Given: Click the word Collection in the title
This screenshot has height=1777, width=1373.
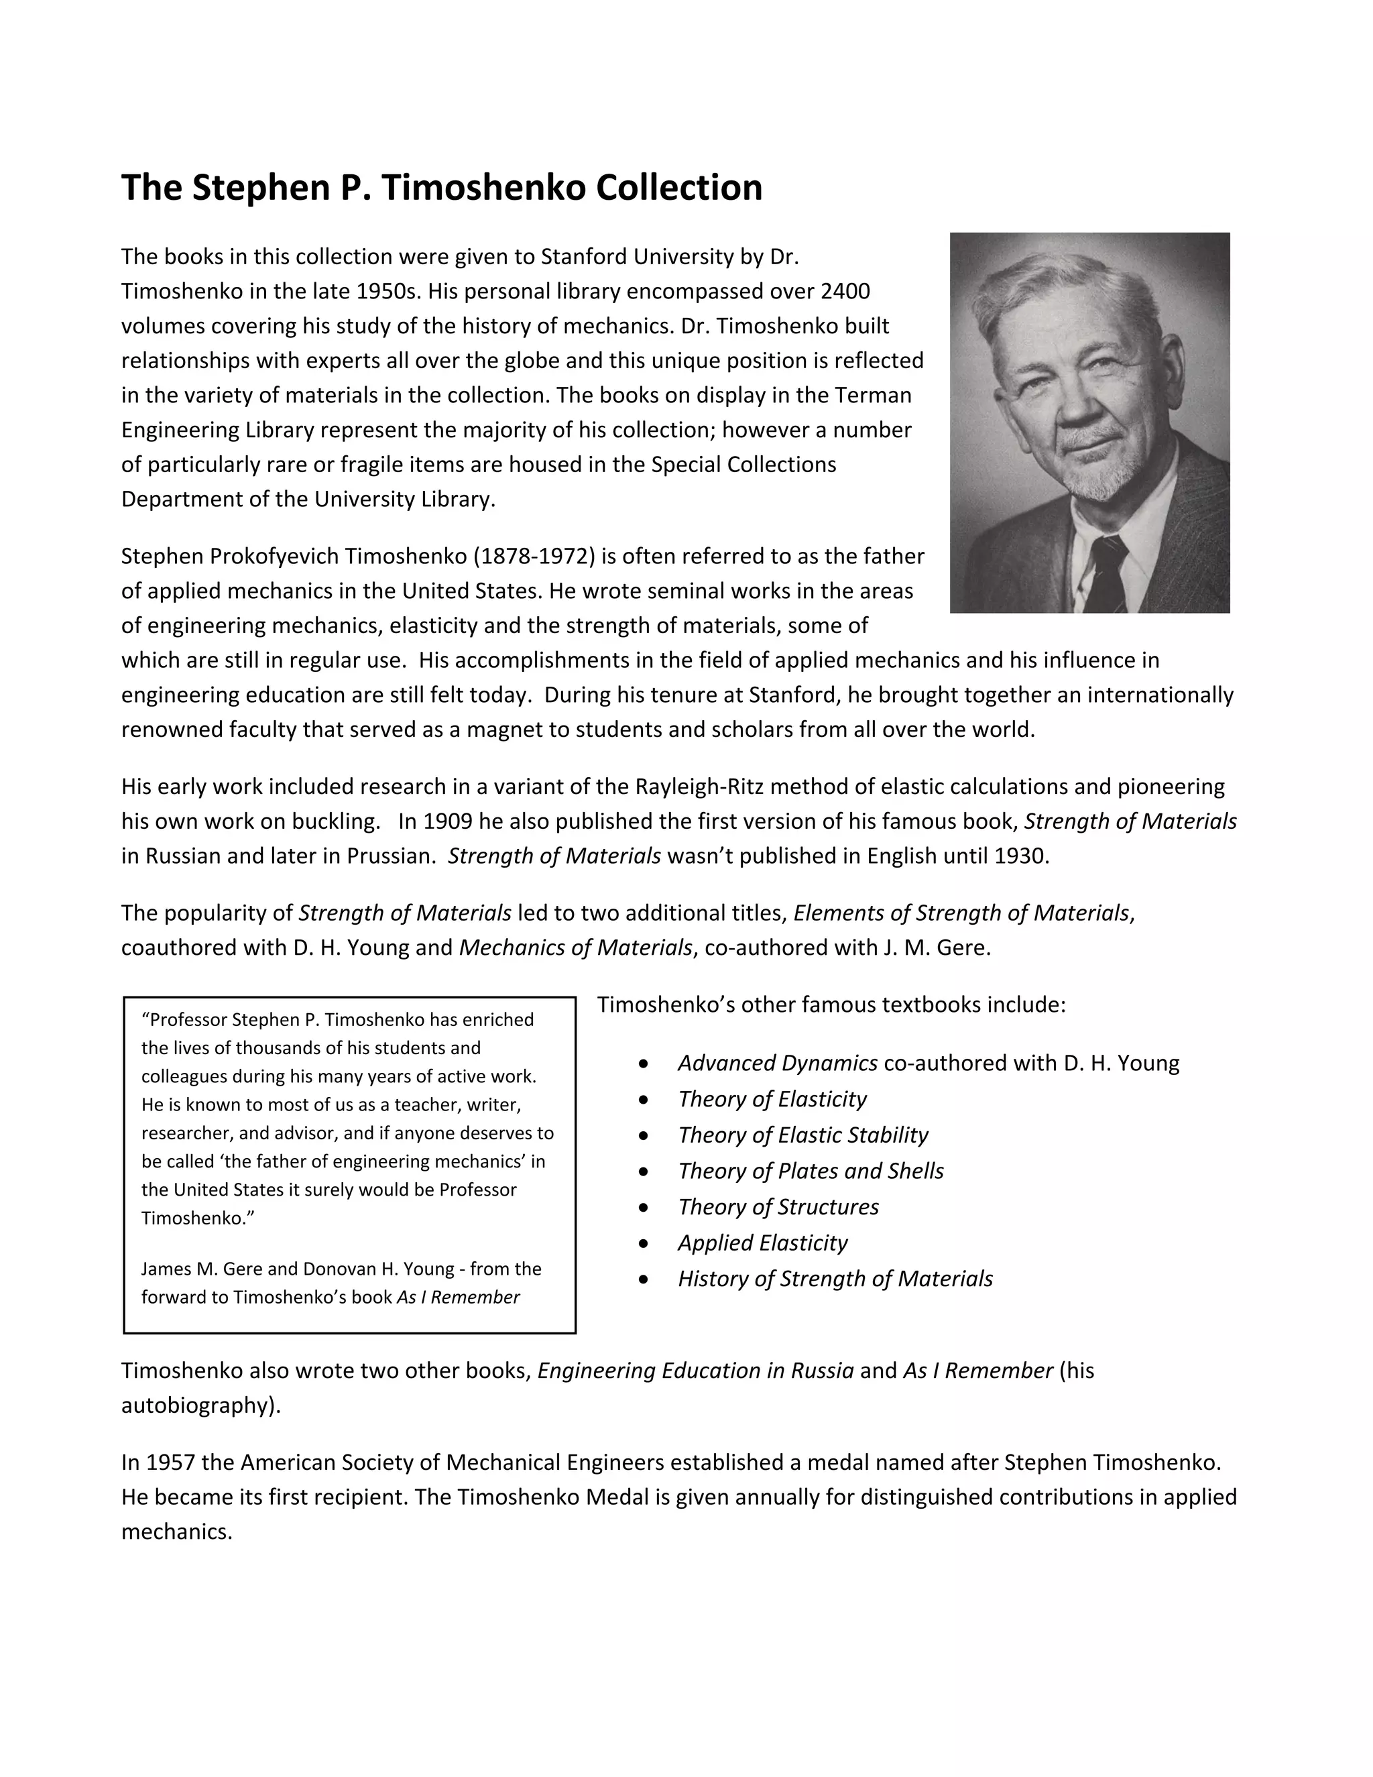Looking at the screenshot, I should [679, 188].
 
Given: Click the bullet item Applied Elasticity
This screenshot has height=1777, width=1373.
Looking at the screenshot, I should [763, 1243].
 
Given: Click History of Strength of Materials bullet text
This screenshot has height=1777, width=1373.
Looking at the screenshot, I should [835, 1279].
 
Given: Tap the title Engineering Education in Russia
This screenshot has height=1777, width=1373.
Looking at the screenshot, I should [695, 1371].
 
